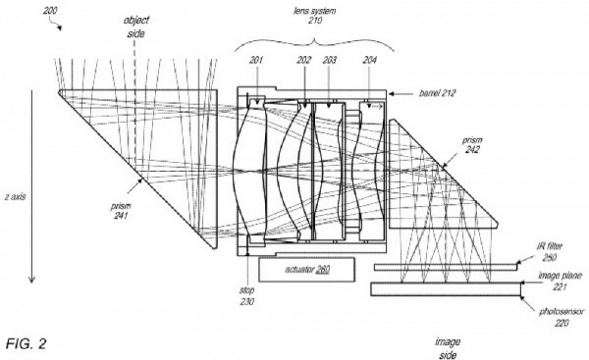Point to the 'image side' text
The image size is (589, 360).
click(x=447, y=347)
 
